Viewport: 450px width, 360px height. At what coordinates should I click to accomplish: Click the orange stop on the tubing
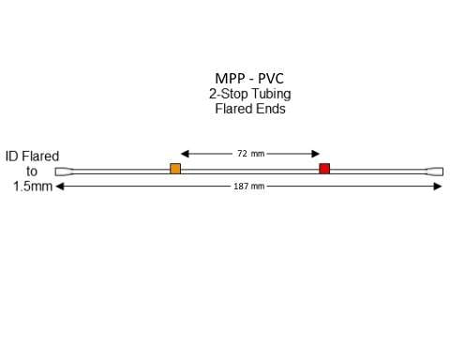coord(175,169)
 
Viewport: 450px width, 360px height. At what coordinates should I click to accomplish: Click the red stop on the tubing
coord(324,169)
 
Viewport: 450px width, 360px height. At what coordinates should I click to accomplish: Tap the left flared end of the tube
coord(63,172)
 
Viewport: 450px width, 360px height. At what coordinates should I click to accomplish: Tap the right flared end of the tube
coord(435,172)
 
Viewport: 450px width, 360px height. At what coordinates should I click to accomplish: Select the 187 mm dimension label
coord(249,187)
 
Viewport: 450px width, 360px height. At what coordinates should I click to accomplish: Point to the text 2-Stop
coord(228,95)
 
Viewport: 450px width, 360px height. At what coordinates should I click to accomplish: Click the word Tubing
coord(271,95)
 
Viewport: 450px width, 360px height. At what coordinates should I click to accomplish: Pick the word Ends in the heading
coord(271,109)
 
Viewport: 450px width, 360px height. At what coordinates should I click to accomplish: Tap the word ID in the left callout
coord(12,157)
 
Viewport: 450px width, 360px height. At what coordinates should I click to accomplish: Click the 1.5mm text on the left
coord(32,187)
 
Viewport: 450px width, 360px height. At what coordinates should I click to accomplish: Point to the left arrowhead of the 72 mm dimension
coord(185,153)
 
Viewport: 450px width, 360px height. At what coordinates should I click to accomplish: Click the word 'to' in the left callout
coord(32,172)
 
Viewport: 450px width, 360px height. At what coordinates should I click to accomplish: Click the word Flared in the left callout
coord(40,157)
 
